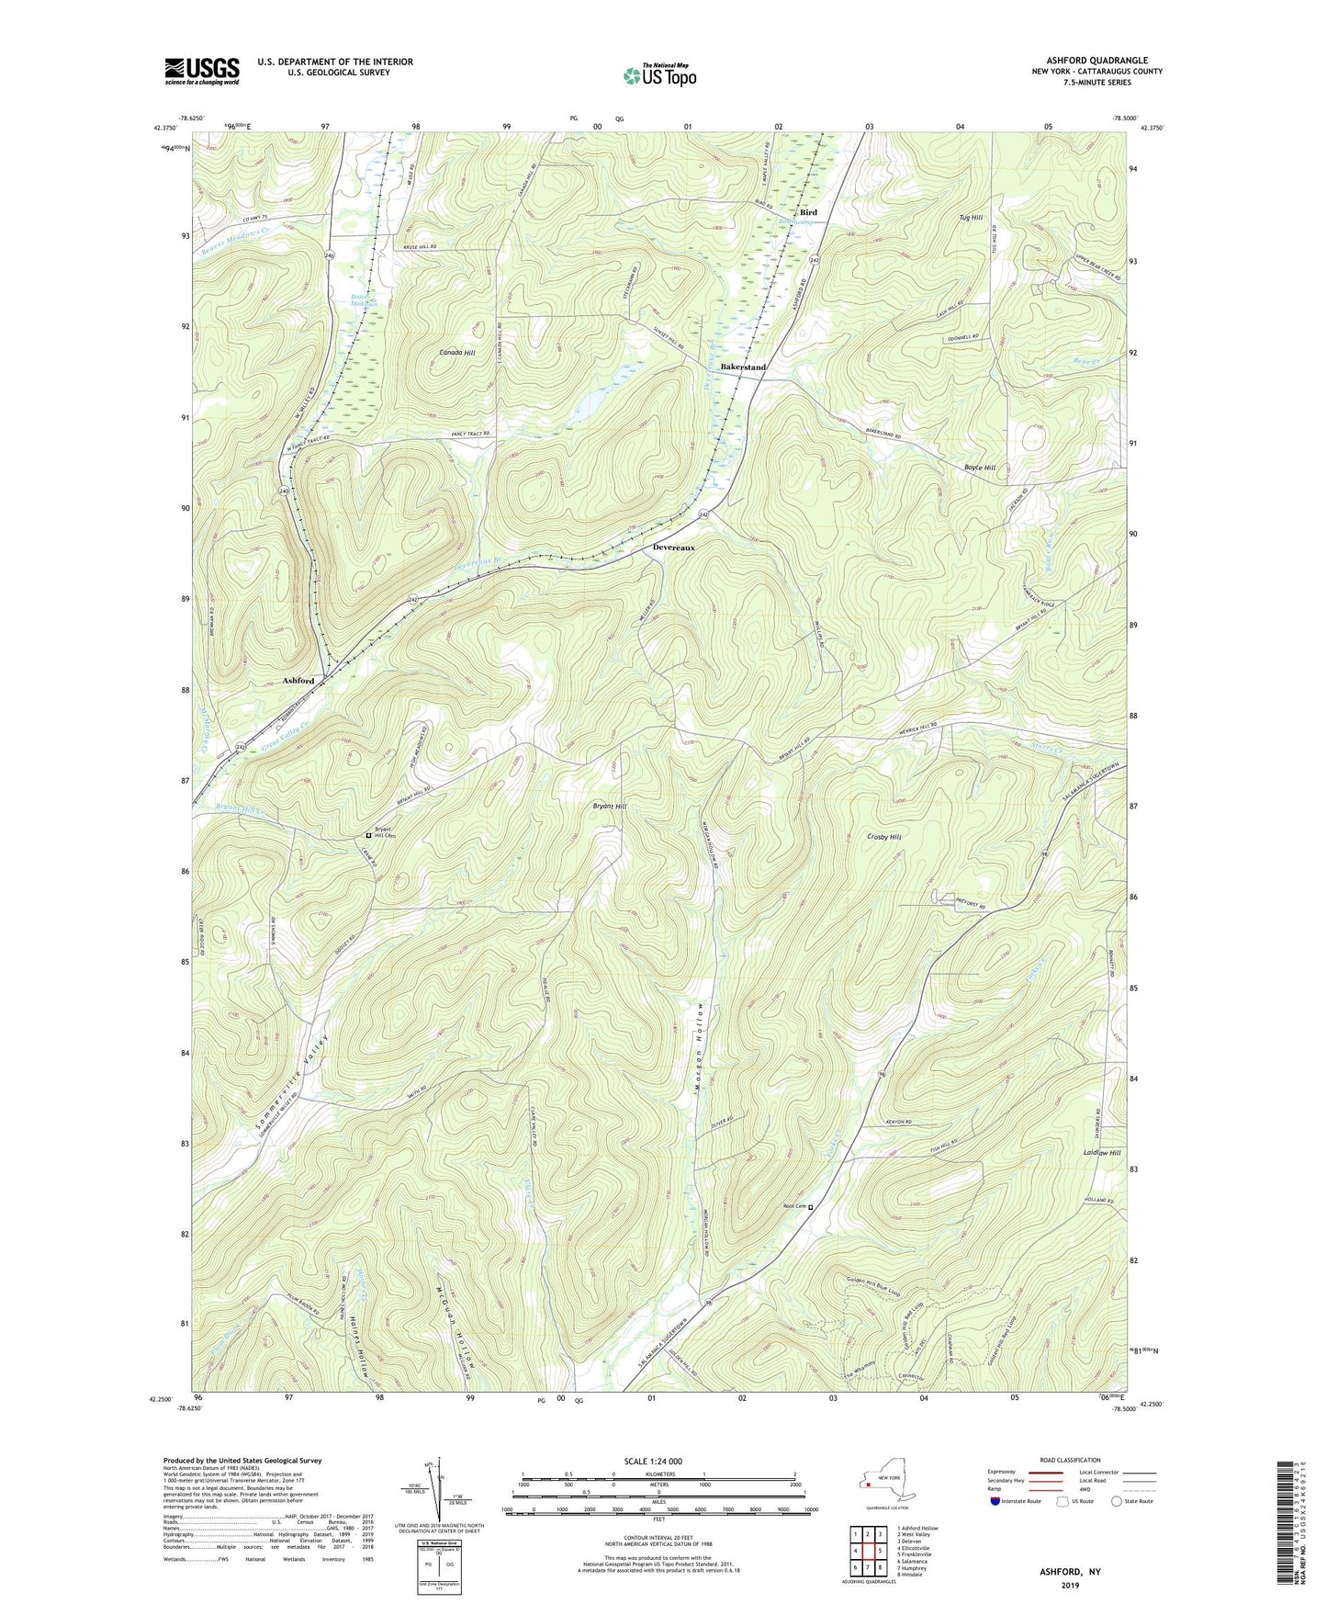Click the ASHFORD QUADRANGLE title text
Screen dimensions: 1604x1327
(1096, 61)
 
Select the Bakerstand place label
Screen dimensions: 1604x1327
(742, 367)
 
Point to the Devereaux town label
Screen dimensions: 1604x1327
(673, 548)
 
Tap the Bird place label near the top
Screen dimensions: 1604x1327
(807, 212)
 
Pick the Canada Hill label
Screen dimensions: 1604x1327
(457, 353)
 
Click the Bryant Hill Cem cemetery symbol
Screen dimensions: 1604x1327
(369, 836)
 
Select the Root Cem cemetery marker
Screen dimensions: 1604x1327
(810, 1208)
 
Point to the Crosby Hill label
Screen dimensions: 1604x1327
(883, 837)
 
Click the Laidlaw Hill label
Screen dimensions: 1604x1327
(1101, 1153)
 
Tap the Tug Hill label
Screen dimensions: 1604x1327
(971, 218)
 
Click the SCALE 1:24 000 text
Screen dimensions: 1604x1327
(658, 1461)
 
